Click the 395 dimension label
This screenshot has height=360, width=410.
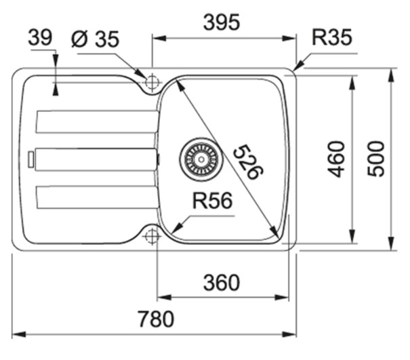(x=222, y=23)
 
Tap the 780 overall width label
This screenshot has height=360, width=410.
(x=156, y=318)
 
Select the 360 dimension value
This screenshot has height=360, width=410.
(x=222, y=282)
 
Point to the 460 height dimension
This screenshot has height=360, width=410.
(x=337, y=159)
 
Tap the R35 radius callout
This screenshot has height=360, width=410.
(x=331, y=38)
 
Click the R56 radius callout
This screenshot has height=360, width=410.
(x=211, y=201)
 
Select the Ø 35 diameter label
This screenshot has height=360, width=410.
(x=95, y=40)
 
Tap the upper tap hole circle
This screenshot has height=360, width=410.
(x=151, y=82)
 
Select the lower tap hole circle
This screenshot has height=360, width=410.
(x=151, y=236)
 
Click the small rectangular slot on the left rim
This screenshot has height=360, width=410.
(x=30, y=159)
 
